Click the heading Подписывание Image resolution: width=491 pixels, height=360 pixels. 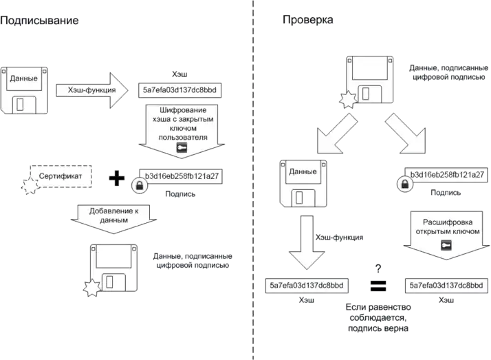pyautogui.click(x=40, y=21)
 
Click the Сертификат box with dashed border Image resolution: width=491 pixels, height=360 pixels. pyautogui.click(x=60, y=177)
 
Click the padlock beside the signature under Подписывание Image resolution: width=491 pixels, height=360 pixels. pyautogui.click(x=138, y=185)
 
